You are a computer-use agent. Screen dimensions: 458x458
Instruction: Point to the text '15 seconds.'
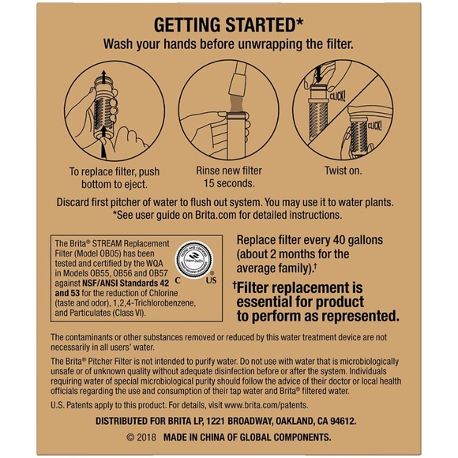point(229,183)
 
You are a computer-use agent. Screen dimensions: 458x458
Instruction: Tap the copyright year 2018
point(148,437)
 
